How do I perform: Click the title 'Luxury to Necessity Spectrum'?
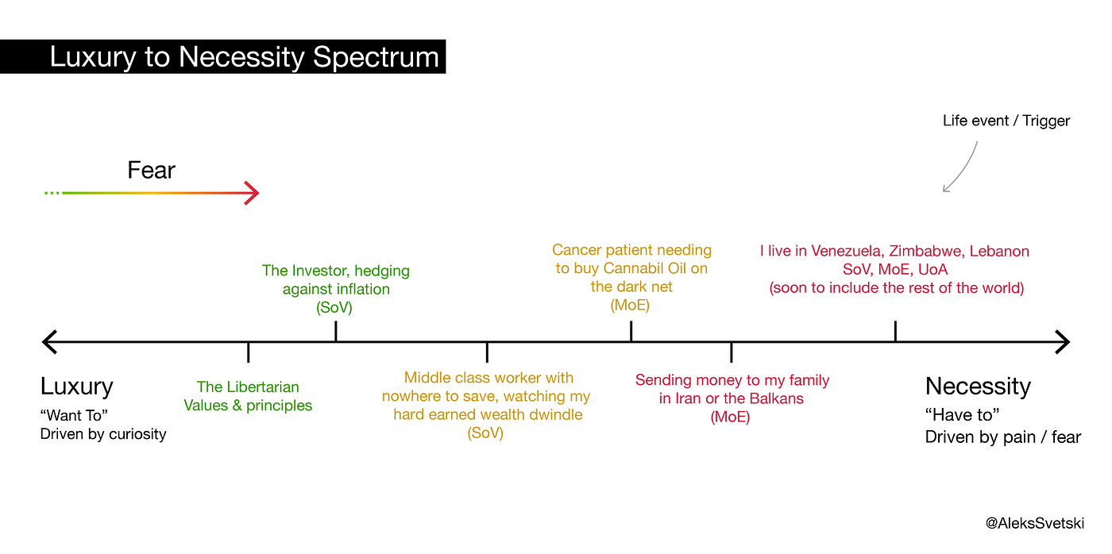tap(245, 57)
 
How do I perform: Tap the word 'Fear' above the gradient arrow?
tap(152, 170)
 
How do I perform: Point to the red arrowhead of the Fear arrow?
tap(252, 192)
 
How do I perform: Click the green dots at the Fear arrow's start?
tap(52, 192)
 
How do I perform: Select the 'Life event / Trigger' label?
tap(1006, 121)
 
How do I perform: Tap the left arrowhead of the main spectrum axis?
tap(49, 342)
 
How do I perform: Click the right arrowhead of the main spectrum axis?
tap(1063, 342)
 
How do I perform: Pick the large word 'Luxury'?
tap(77, 387)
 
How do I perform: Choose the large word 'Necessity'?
tap(978, 386)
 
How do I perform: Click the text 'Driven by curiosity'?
tap(103, 434)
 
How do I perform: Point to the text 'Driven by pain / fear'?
tap(1002, 437)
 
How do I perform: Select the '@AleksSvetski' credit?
tap(1034, 523)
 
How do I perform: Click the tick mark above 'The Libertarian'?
tap(248, 352)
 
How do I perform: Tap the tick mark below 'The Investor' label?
tap(336, 331)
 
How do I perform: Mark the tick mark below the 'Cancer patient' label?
tap(631, 331)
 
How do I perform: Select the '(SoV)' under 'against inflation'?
tap(334, 307)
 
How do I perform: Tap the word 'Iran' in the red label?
tap(685, 398)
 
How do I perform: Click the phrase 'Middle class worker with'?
tap(488, 378)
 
